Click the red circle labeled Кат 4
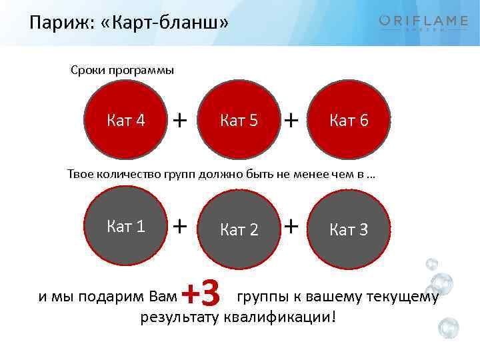126,120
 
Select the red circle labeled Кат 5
239,121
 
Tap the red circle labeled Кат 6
349,121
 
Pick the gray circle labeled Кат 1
126,227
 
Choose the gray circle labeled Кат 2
239,230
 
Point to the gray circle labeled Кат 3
349,230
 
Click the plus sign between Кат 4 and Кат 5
179,119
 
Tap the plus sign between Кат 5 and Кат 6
291,119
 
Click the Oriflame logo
423,23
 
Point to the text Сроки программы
122,70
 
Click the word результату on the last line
180,316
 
